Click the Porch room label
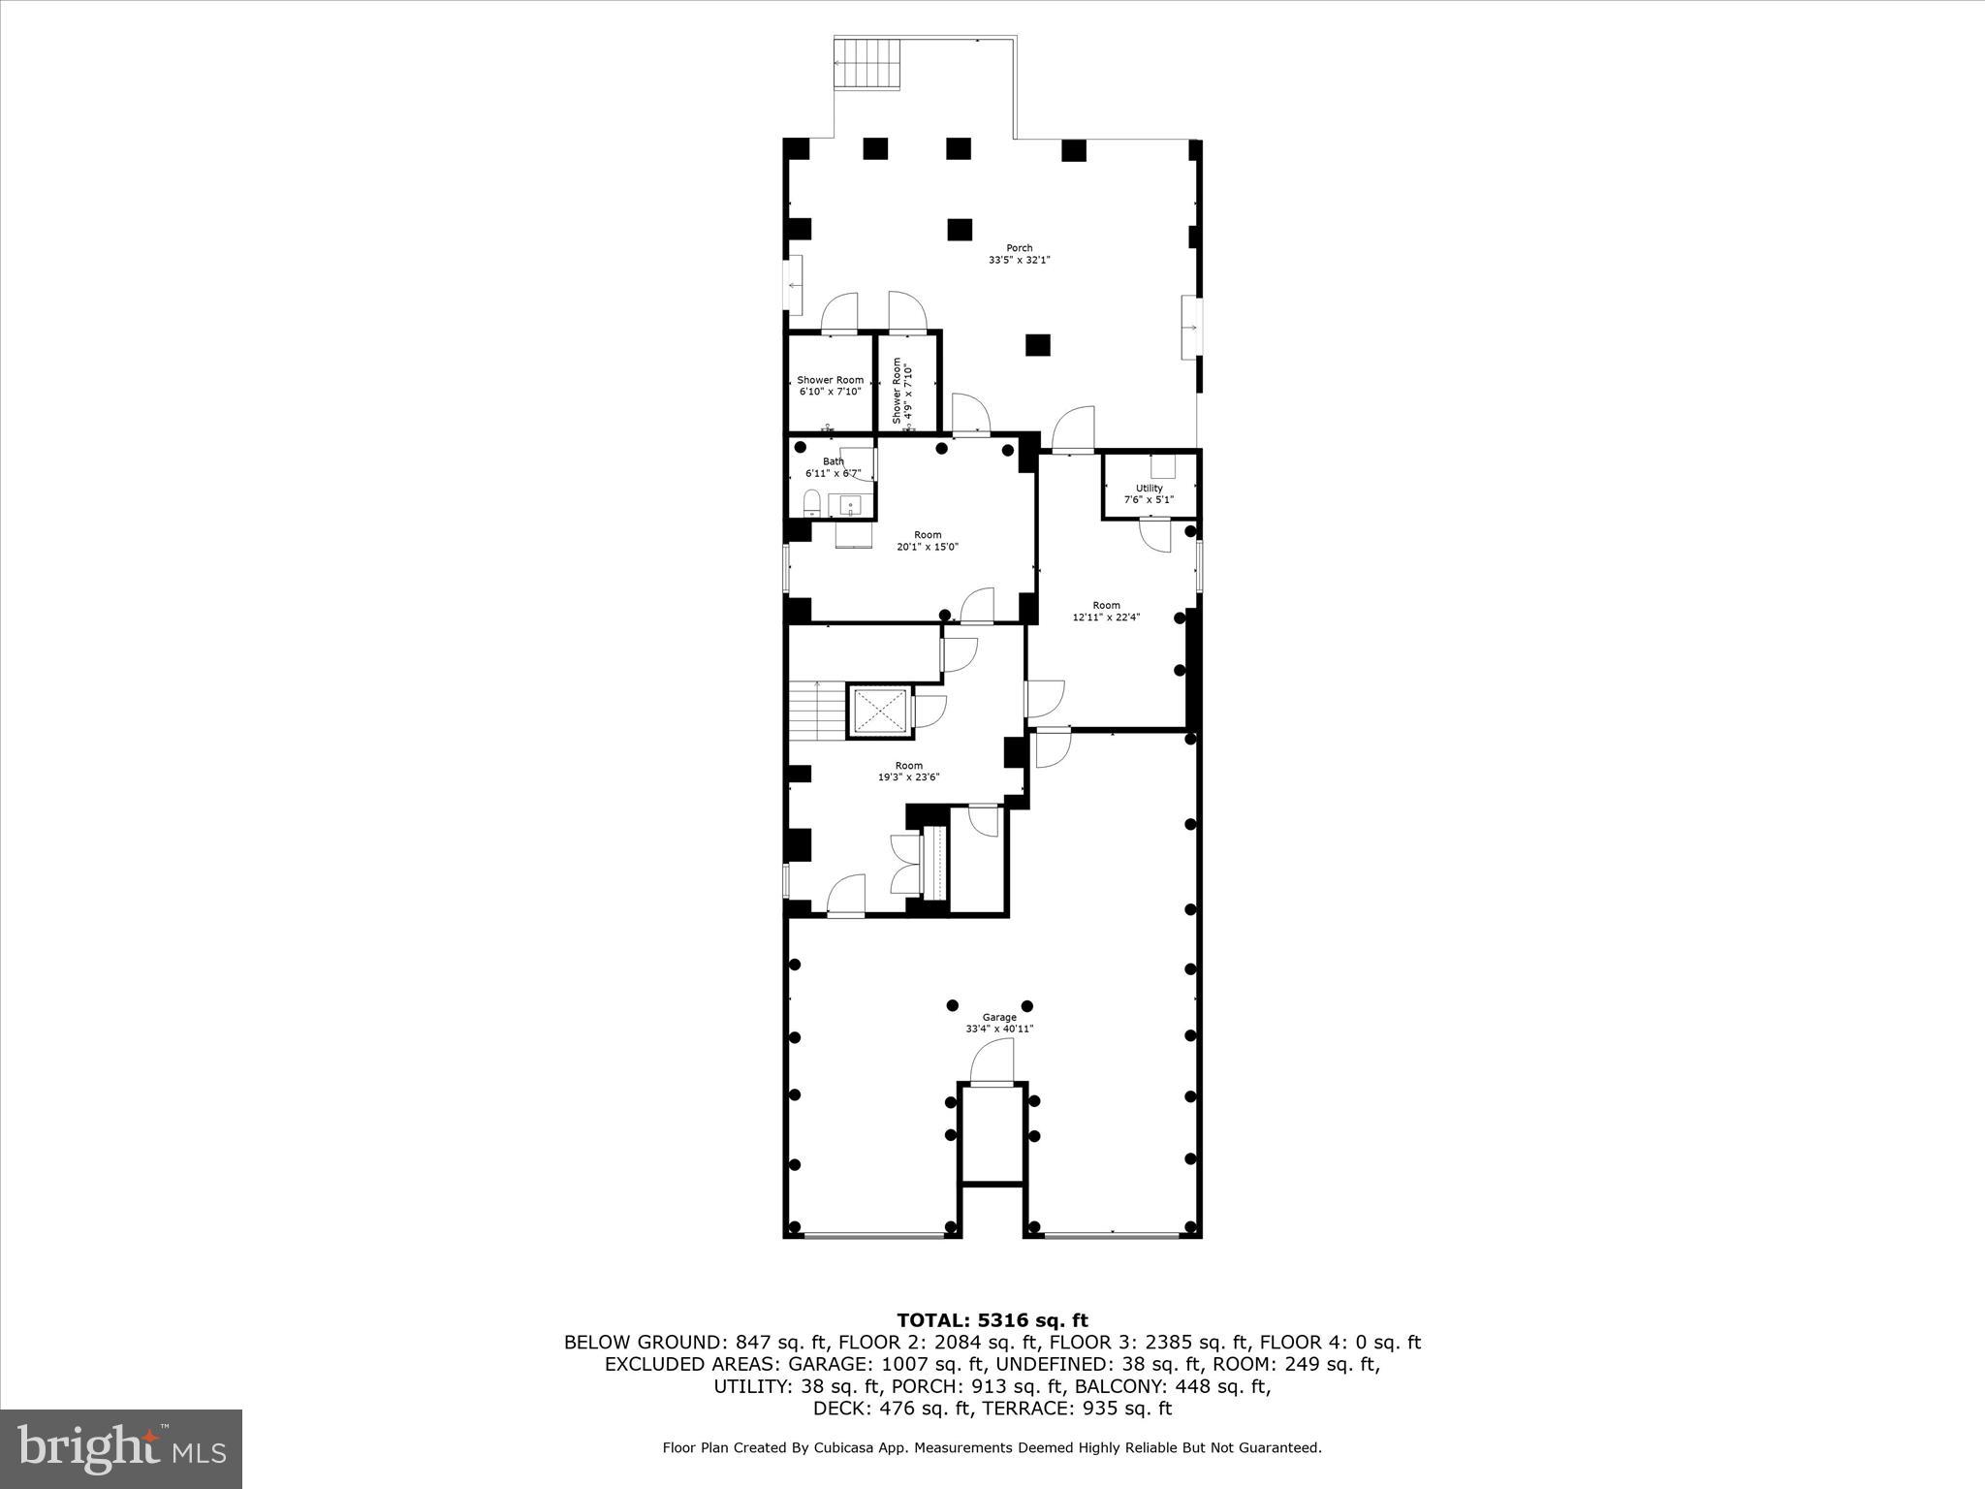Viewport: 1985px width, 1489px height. pos(1019,254)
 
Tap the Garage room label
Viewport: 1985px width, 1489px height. pos(999,1023)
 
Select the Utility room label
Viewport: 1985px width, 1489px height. pos(1149,493)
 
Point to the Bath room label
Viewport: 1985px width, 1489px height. pos(833,467)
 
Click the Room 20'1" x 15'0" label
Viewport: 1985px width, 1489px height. pos(928,541)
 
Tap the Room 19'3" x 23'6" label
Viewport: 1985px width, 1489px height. pos(908,771)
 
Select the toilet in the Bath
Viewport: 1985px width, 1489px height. pos(812,502)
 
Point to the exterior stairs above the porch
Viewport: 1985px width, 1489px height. pos(867,64)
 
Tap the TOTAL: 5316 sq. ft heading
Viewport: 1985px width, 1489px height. pos(992,1320)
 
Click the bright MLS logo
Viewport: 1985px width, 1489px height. pos(121,1448)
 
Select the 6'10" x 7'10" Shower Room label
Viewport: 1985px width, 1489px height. pos(830,386)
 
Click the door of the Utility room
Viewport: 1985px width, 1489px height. pos(1155,534)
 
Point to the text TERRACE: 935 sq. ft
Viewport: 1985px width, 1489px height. pos(1078,1409)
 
